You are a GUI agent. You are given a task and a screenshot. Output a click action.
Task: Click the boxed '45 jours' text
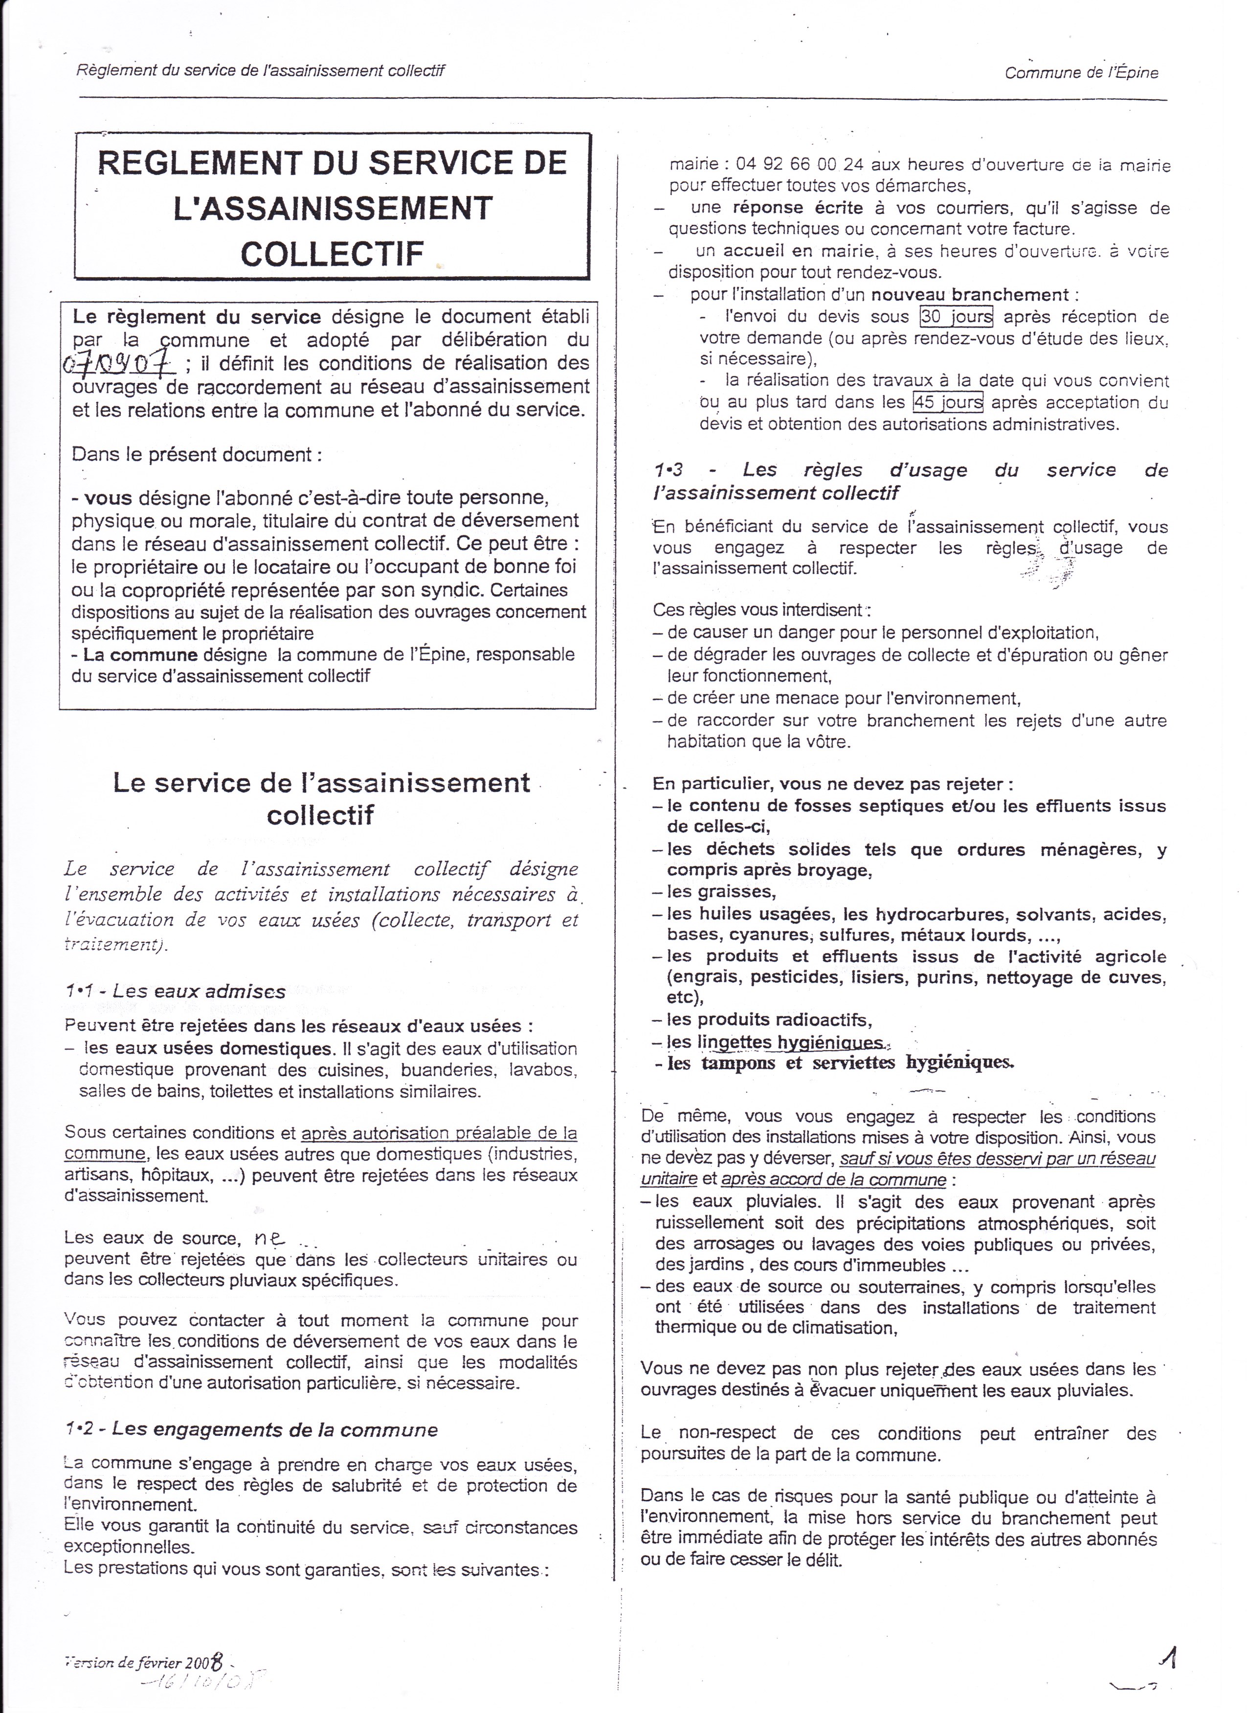point(948,402)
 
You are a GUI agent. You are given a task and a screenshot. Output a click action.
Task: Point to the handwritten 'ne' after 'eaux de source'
point(269,1236)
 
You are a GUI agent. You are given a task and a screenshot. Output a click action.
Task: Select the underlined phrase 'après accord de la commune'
point(834,1179)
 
